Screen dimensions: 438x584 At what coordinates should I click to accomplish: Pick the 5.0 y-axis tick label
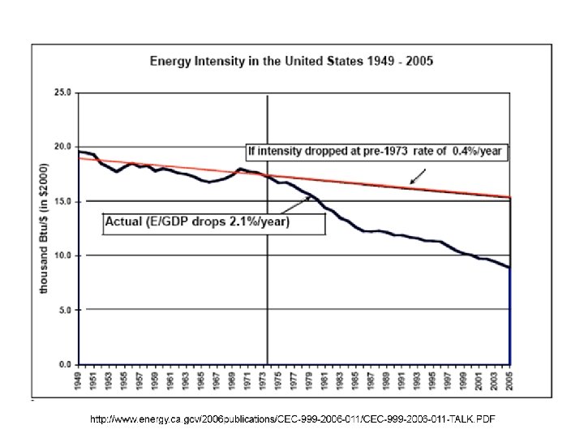point(63,310)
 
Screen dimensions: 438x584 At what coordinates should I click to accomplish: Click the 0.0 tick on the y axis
point(63,364)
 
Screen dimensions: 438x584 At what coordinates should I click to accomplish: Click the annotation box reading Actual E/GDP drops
point(213,222)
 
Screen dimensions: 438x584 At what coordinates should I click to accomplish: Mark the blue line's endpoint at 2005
point(509,268)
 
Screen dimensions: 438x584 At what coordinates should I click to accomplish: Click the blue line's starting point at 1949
point(79,152)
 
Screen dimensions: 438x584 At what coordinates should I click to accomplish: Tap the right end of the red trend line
point(509,197)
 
